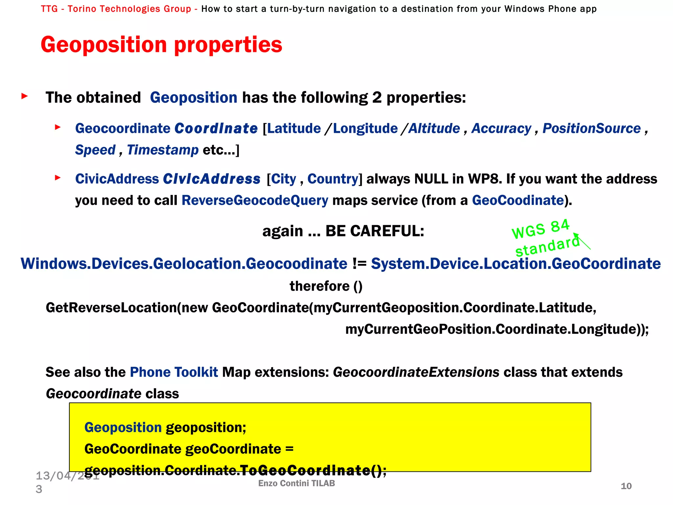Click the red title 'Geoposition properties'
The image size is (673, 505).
[161, 45]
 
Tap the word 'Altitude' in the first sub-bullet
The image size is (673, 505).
[434, 129]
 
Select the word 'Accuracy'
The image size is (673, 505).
[501, 129]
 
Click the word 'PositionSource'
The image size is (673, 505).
[592, 129]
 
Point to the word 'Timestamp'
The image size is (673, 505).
[163, 150]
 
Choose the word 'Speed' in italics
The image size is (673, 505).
[95, 150]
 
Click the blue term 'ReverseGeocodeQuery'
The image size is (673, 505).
[255, 200]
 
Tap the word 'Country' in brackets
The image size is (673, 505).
[333, 179]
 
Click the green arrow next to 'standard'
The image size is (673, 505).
[582, 241]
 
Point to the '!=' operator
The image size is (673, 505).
[359, 264]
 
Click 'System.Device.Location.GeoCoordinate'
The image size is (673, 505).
[516, 264]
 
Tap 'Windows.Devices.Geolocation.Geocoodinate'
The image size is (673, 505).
[184, 264]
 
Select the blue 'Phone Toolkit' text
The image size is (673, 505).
[174, 372]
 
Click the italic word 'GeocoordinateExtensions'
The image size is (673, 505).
[416, 372]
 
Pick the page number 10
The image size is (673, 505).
[626, 486]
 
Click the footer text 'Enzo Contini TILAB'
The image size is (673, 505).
[296, 483]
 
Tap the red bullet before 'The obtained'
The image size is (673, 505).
[24, 96]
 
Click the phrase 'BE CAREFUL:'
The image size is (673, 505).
[375, 231]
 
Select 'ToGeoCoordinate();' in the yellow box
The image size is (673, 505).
[313, 470]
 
